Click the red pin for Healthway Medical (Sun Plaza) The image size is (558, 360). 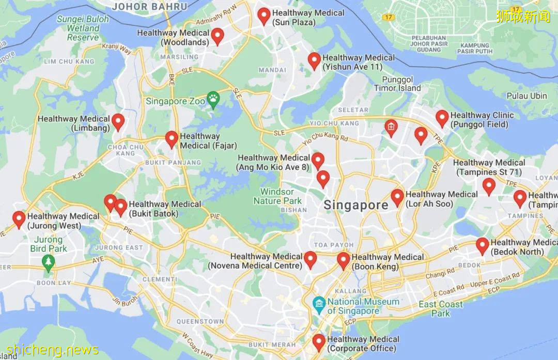[x=264, y=16]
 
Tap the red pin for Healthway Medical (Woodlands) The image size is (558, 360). [x=218, y=36]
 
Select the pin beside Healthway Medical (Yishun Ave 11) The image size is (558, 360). [x=314, y=60]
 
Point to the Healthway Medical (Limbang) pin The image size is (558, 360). [x=118, y=122]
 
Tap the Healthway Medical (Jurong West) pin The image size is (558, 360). [x=19, y=220]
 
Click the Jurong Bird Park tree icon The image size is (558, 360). [x=49, y=262]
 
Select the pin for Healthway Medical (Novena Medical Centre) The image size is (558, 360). [x=310, y=259]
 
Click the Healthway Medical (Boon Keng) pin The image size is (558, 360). [x=344, y=261]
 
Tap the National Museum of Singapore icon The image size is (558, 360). [x=319, y=303]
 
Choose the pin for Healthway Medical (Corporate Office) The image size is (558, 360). [x=319, y=342]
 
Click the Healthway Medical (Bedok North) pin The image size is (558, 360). [x=483, y=246]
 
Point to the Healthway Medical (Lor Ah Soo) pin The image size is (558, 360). [x=397, y=197]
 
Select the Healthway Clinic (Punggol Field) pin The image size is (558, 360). [x=442, y=118]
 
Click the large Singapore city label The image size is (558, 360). [x=356, y=205]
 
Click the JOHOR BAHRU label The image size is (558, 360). [x=150, y=6]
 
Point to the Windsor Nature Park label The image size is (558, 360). [x=277, y=196]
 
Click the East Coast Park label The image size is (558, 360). [x=441, y=308]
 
